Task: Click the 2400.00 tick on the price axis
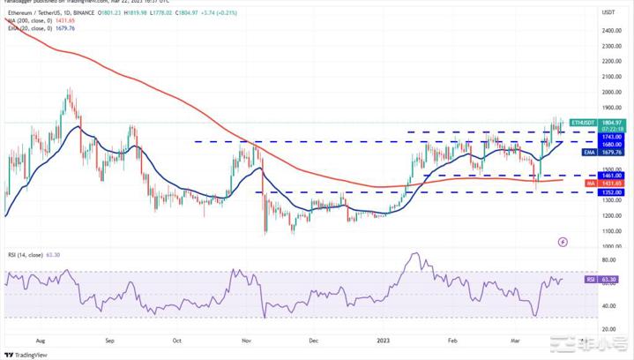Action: click(608, 31)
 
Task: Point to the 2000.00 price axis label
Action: click(608, 91)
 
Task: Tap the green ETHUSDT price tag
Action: click(582, 123)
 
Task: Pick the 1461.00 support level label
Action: click(611, 176)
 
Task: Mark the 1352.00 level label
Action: click(611, 191)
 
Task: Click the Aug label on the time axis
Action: click(41, 339)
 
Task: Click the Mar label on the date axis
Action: click(517, 339)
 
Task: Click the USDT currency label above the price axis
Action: click(608, 12)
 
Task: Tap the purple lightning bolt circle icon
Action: click(563, 241)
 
